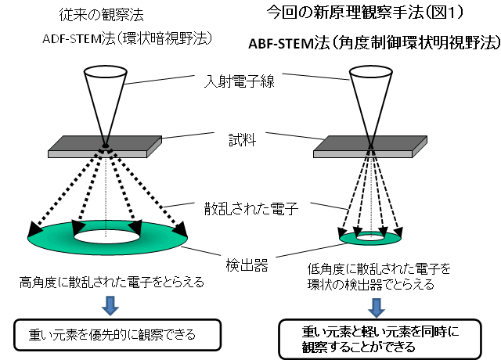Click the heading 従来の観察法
tap(96, 15)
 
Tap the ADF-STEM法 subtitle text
tap(117, 39)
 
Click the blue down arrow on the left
tap(110, 301)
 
